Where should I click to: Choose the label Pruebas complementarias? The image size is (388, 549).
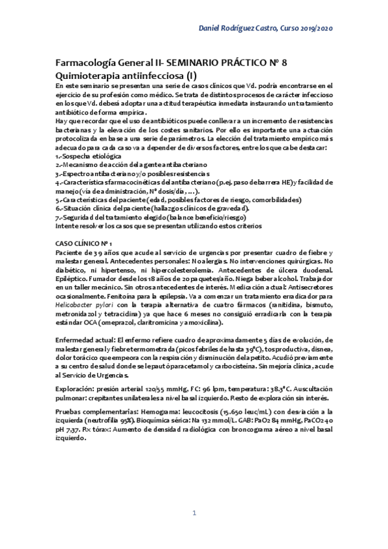click(94, 411)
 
